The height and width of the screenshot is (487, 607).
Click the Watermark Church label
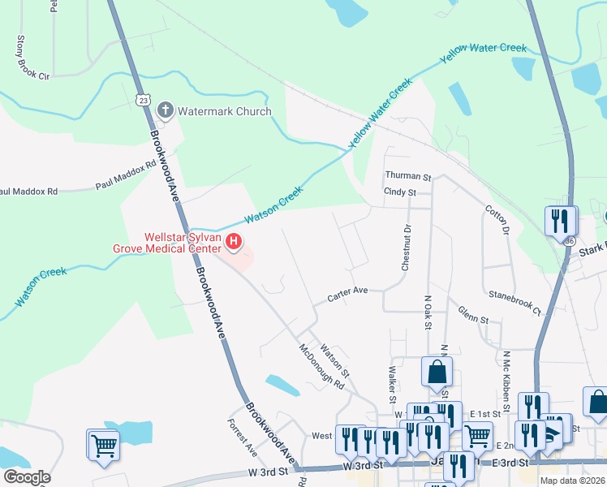(225, 110)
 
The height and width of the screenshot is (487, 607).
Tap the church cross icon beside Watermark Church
(166, 110)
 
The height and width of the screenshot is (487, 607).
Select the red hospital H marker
(234, 241)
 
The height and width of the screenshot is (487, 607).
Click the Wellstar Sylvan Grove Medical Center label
(183, 243)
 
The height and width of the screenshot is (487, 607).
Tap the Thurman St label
(408, 176)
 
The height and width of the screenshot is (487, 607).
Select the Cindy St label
(399, 192)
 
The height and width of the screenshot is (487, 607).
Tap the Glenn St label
(473, 314)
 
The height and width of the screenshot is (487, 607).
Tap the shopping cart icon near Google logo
(104, 444)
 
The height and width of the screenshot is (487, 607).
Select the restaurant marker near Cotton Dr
(561, 221)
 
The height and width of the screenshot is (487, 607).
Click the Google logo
(27, 477)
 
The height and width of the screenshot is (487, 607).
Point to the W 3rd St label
(268, 471)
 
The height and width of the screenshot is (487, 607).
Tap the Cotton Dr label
(497, 220)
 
